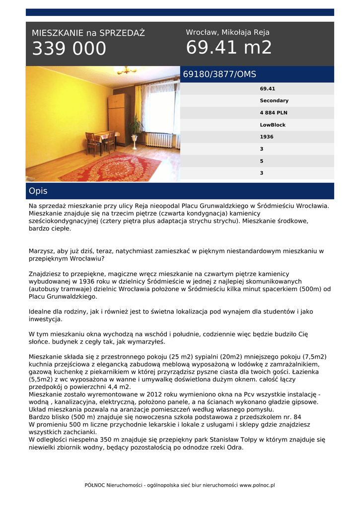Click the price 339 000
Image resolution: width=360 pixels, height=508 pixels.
[69, 49]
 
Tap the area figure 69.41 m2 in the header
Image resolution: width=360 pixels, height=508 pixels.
[229, 48]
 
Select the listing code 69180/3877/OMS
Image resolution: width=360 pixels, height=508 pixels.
[219, 74]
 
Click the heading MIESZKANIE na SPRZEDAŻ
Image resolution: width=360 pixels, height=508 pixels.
[88, 33]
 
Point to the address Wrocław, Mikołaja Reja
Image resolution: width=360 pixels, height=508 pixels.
[227, 32]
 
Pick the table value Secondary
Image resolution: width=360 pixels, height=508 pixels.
[274, 101]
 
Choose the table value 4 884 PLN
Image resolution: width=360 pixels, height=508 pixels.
[273, 113]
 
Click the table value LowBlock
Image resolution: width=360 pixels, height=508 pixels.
[273, 125]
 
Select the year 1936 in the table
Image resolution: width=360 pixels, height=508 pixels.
[266, 137]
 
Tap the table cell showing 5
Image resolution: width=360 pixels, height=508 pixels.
[262, 161]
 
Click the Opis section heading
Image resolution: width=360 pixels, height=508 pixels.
[38, 191]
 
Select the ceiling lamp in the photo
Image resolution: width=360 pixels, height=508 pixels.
[125, 70]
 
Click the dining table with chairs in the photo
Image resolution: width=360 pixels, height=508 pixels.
[100, 140]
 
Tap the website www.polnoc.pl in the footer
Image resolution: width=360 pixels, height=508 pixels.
[257, 485]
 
